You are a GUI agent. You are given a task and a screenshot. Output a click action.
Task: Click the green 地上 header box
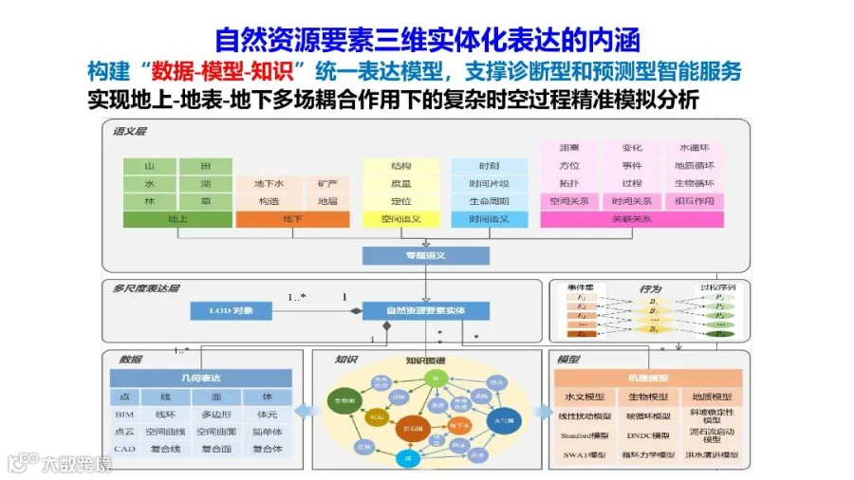click(177, 219)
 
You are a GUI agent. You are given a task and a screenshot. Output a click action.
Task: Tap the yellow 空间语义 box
click(400, 219)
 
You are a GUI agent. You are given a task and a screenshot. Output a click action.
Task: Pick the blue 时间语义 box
click(489, 219)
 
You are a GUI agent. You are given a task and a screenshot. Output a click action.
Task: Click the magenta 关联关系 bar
click(631, 219)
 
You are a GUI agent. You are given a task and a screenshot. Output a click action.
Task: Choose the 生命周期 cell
click(489, 201)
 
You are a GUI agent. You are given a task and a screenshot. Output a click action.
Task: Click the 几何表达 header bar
click(201, 378)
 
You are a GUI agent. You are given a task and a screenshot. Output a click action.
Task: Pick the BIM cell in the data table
click(126, 415)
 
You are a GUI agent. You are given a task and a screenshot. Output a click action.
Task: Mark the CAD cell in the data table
click(126, 449)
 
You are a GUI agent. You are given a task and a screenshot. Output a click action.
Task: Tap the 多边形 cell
click(216, 415)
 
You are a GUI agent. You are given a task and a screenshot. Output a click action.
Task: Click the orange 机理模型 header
click(649, 378)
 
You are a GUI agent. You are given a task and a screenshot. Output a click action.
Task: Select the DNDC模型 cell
click(648, 434)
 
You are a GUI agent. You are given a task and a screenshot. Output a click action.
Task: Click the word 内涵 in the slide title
click(614, 40)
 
